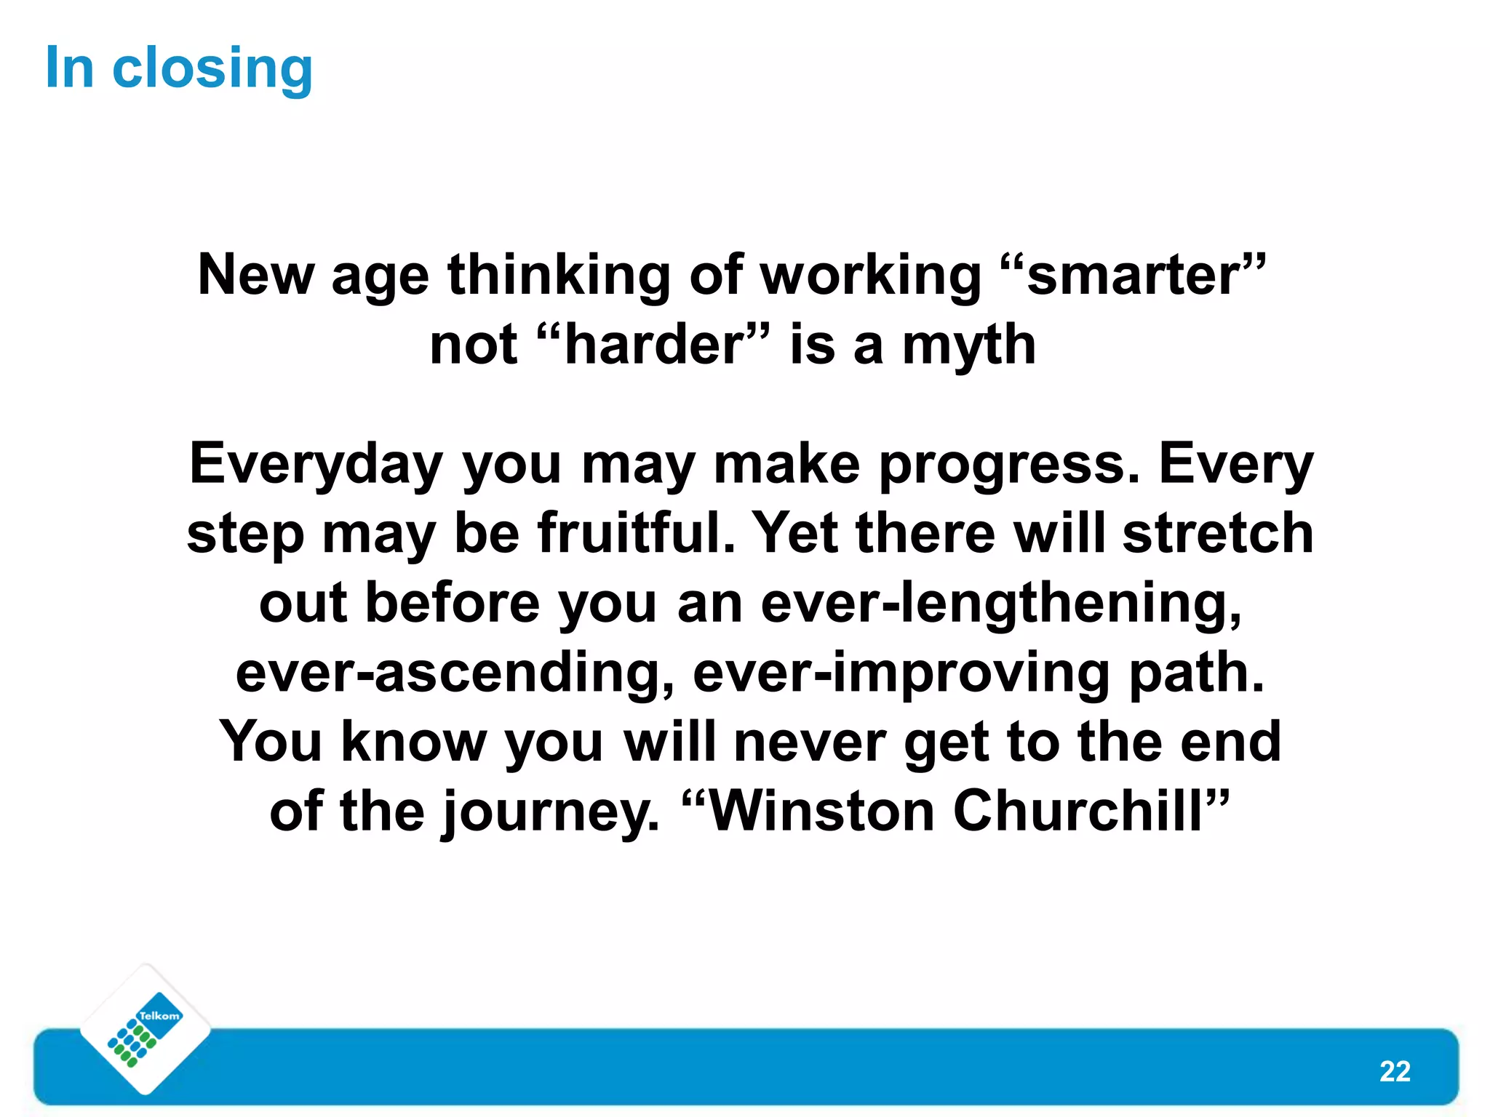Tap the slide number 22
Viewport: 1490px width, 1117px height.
[1394, 1071]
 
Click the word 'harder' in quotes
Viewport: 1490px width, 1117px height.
[653, 345]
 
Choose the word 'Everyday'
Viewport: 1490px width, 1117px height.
[316, 465]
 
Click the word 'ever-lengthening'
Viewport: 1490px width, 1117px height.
[999, 604]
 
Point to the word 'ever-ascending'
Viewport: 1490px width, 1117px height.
[454, 673]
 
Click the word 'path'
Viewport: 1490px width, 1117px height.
[1195, 673]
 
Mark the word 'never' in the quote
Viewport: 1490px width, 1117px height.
[809, 742]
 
